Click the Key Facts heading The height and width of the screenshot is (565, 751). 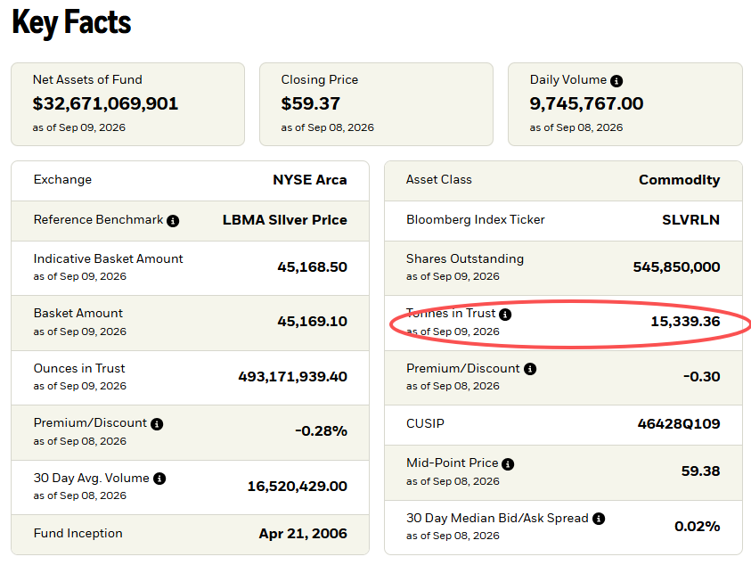click(x=71, y=22)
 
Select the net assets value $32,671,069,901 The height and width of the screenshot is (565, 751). click(x=105, y=103)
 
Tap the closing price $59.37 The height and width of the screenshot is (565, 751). click(x=310, y=103)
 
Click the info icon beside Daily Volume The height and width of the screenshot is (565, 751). click(x=616, y=81)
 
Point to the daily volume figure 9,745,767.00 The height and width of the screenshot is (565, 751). click(x=586, y=103)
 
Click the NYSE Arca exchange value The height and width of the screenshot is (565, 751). click(x=310, y=180)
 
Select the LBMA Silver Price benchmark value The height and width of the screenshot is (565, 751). click(x=285, y=220)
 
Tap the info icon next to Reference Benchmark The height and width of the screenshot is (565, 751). click(x=173, y=221)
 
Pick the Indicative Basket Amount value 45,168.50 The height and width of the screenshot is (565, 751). click(x=313, y=267)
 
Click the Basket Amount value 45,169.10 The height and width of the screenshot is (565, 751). click(x=313, y=321)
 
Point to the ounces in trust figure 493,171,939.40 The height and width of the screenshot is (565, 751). click(x=292, y=377)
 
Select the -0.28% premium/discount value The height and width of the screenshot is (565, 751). click(x=321, y=431)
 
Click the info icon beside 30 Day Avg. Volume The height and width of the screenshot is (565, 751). click(x=159, y=479)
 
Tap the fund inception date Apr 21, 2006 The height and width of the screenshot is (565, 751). click(x=303, y=534)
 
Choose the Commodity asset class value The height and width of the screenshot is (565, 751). click(x=679, y=180)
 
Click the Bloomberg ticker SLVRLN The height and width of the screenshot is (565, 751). click(x=691, y=220)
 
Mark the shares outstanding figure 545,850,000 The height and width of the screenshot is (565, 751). click(x=676, y=267)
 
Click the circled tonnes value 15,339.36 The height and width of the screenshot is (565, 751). click(x=685, y=321)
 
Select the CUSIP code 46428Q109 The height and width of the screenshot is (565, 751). click(x=679, y=423)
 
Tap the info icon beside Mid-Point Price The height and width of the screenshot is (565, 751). click(x=508, y=464)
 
